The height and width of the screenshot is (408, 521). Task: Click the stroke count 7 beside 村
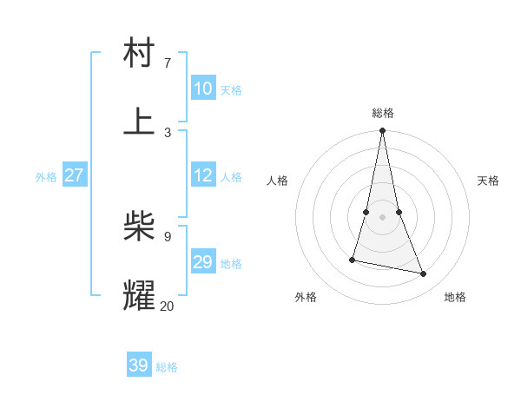coord(168,63)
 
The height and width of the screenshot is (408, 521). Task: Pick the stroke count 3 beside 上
coord(168,132)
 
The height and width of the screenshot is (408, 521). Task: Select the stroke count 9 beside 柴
coord(168,236)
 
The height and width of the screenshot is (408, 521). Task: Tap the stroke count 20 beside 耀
coord(167,306)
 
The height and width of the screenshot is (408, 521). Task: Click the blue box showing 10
coord(203,89)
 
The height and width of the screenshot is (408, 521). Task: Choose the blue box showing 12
coord(203,175)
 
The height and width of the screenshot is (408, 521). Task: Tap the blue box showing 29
coord(203,262)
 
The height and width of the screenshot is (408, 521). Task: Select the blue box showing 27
coord(75,175)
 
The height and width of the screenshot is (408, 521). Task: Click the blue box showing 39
coord(139,365)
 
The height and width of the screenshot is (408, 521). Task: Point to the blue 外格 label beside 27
coord(46,177)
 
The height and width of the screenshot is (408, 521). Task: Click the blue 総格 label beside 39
coord(167,367)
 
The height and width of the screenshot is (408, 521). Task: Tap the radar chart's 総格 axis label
coord(382,113)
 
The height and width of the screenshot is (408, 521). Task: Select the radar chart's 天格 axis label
coord(488,181)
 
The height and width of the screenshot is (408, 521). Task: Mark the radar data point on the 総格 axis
coord(382,131)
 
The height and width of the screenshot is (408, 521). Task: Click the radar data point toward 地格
coord(424,274)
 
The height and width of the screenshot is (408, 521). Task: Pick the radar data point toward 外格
coord(353,259)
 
